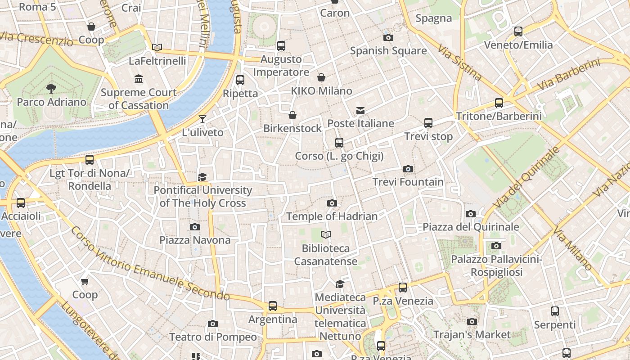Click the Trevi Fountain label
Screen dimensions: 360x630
[x=408, y=182]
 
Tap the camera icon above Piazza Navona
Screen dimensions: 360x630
[x=194, y=227]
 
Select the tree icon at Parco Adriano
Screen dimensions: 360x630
[x=51, y=88]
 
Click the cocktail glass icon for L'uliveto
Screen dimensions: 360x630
[x=202, y=119]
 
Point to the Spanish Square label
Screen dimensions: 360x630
[x=388, y=50]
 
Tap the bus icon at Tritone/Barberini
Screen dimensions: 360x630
[x=499, y=103]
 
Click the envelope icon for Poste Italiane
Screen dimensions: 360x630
[x=360, y=110]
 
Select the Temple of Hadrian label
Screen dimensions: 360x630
[x=332, y=216]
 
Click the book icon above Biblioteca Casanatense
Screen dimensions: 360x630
[x=326, y=234]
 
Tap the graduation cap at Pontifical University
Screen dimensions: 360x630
[x=202, y=177]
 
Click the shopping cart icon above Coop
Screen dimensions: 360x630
[x=85, y=282]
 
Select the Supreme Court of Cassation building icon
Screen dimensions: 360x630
[x=139, y=80]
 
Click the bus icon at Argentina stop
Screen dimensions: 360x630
[x=273, y=306]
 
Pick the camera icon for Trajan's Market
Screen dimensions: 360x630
[x=472, y=321]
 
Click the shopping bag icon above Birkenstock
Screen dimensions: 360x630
[x=292, y=115]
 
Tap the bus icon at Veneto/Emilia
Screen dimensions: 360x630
[x=518, y=31]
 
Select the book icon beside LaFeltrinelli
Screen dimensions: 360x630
[x=157, y=47]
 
